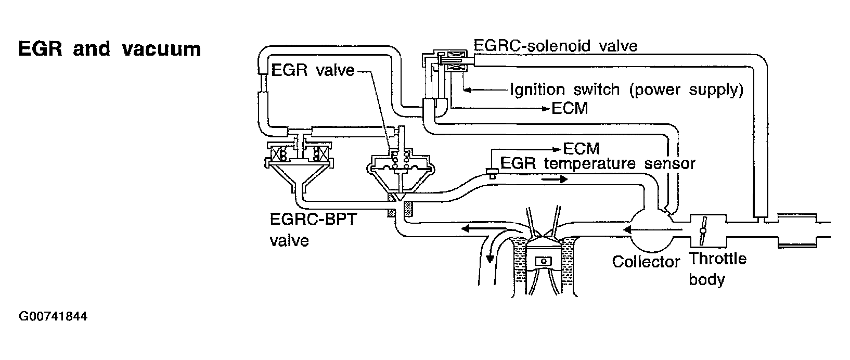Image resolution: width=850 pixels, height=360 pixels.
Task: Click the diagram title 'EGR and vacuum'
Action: pyautogui.click(x=109, y=49)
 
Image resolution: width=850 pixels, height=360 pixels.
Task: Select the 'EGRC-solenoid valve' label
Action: pyautogui.click(x=556, y=46)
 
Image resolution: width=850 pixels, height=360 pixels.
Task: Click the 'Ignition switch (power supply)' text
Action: pyautogui.click(x=626, y=89)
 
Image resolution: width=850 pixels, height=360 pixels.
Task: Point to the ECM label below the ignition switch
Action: pyautogui.click(x=570, y=109)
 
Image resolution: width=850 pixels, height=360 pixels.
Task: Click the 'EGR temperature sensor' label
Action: pyautogui.click(x=598, y=163)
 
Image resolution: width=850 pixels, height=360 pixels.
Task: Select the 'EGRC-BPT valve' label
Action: pyautogui.click(x=313, y=229)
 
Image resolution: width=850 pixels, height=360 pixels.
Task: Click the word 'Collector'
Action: pyautogui.click(x=646, y=261)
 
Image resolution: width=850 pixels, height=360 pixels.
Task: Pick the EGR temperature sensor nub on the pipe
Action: pyautogui.click(x=491, y=173)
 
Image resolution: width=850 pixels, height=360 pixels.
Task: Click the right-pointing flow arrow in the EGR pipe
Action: pyautogui.click(x=554, y=179)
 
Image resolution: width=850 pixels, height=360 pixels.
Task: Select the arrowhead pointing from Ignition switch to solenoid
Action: pyautogui.click(x=467, y=90)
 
